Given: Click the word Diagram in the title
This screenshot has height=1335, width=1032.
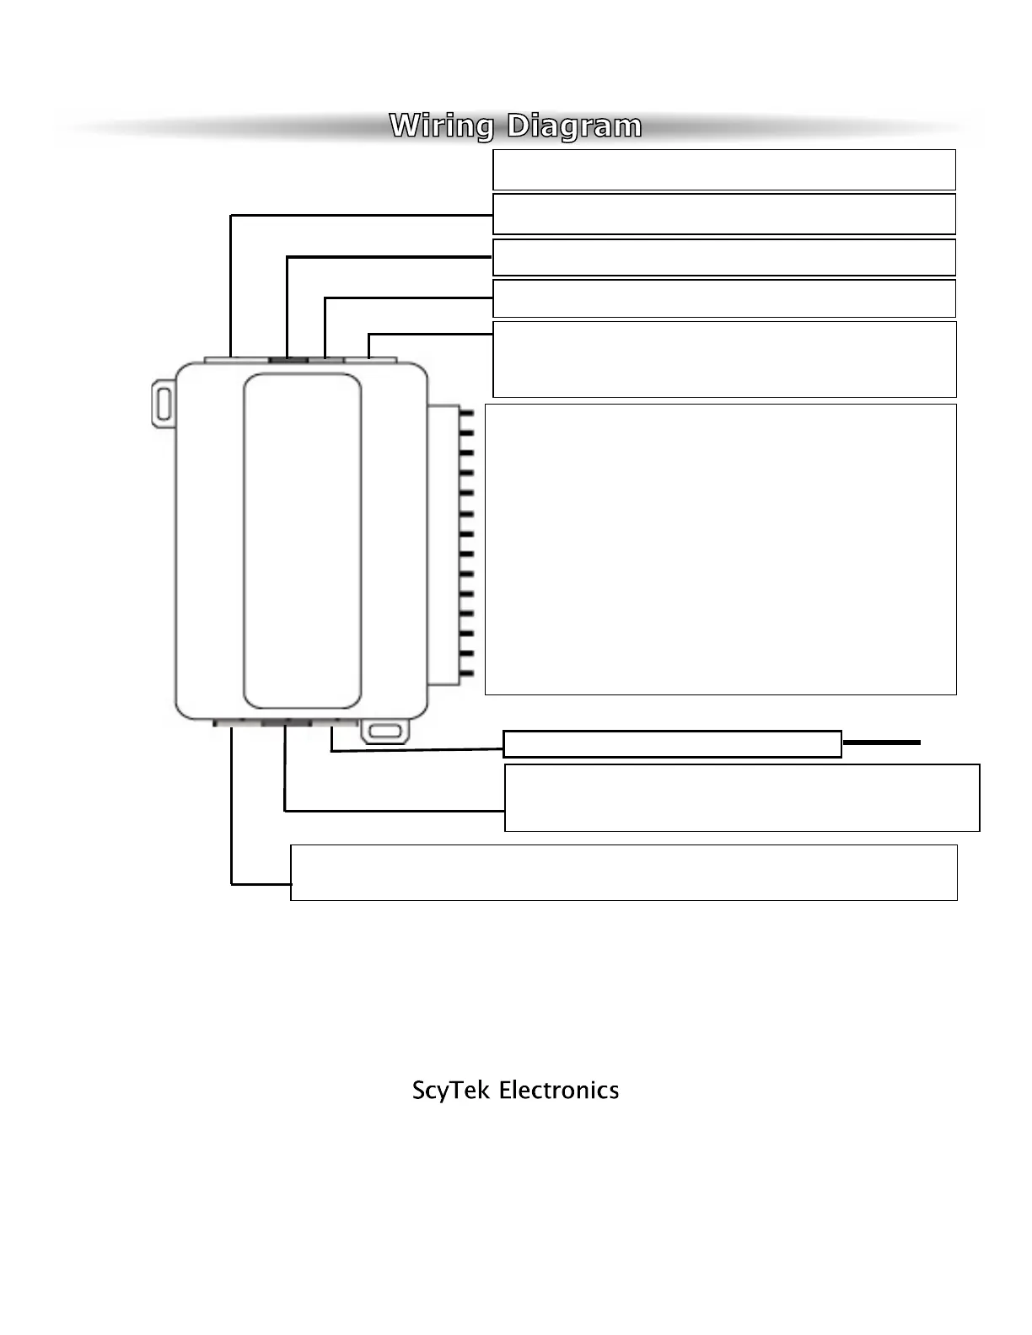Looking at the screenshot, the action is tap(574, 126).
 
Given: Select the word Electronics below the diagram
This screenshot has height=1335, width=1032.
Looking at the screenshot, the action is tap(559, 1090).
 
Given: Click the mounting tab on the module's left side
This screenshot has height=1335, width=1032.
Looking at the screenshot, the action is tap(162, 403).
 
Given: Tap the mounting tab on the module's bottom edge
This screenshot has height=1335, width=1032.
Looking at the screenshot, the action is tap(385, 732).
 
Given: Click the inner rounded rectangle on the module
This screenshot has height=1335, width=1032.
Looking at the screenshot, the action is tap(302, 540).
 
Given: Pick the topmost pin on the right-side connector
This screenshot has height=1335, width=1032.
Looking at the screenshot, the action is tap(466, 415).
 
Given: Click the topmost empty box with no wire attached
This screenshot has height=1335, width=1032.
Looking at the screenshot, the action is tap(723, 169).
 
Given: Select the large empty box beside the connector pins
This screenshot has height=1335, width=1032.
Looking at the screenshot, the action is tap(720, 549).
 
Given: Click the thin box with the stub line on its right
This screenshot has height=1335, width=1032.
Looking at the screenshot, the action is tap(672, 743).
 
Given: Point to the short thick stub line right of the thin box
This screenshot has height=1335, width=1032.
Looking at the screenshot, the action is tap(881, 743).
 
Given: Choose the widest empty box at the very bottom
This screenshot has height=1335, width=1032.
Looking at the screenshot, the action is tap(623, 872).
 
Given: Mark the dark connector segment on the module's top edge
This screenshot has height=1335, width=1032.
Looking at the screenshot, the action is tap(288, 359).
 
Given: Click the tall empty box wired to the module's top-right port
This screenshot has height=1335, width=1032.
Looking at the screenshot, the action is tap(723, 358).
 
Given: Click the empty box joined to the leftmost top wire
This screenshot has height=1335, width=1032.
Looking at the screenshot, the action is tap(723, 214).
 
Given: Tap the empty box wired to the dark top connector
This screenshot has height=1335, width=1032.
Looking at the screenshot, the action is tap(723, 257).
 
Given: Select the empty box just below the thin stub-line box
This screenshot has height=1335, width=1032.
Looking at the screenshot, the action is tap(741, 797).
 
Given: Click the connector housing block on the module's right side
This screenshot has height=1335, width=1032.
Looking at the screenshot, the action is tap(443, 544).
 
